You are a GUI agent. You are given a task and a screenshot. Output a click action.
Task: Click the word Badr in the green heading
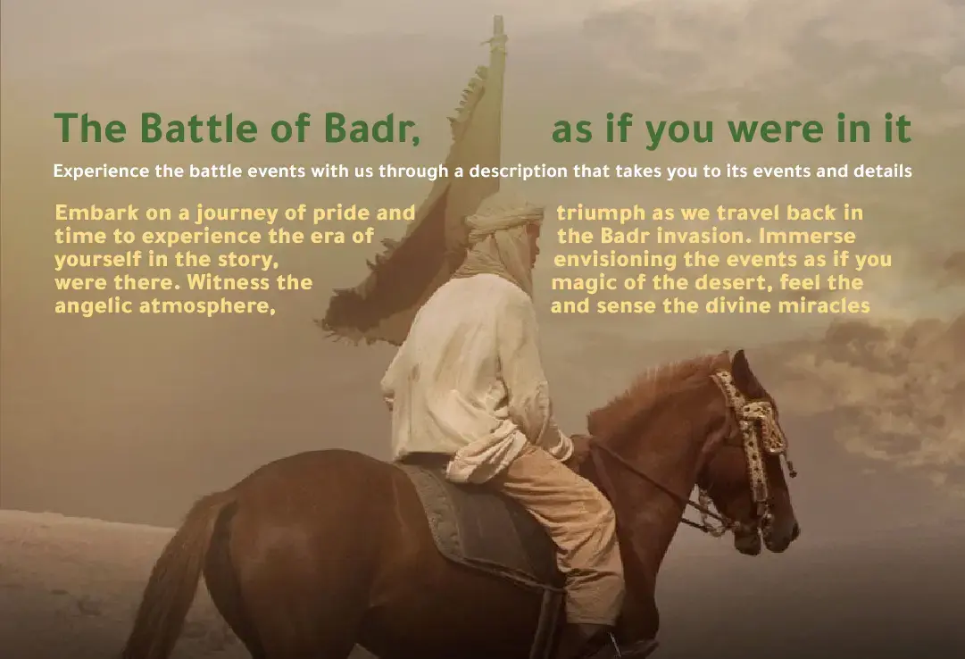pyautogui.click(x=371, y=128)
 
